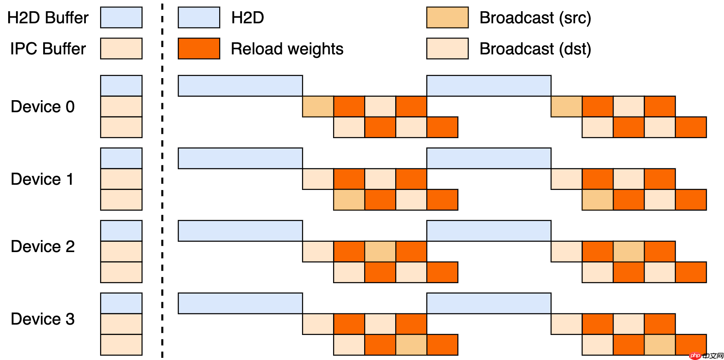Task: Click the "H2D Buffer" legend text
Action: click(48, 18)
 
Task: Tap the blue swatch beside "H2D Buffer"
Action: click(121, 18)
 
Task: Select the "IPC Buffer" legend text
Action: click(48, 49)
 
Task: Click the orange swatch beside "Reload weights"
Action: click(199, 49)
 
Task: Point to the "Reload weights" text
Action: click(287, 49)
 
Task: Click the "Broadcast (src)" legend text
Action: click(535, 18)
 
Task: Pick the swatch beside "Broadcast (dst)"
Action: click(447, 49)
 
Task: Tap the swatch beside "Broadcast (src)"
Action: click(447, 18)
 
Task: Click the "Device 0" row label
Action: click(43, 107)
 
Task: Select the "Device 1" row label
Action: click(42, 179)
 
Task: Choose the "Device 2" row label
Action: click(43, 246)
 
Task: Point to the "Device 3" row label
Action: click(43, 319)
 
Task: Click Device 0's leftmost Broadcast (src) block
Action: click(318, 107)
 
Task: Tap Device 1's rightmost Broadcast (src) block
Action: click(598, 200)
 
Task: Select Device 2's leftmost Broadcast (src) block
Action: click(380, 252)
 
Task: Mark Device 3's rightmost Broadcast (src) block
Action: click(660, 345)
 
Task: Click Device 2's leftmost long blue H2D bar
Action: click(240, 231)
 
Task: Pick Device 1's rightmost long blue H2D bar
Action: click(489, 158)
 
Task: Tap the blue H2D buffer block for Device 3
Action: click(121, 303)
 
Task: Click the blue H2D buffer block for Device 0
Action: click(121, 86)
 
